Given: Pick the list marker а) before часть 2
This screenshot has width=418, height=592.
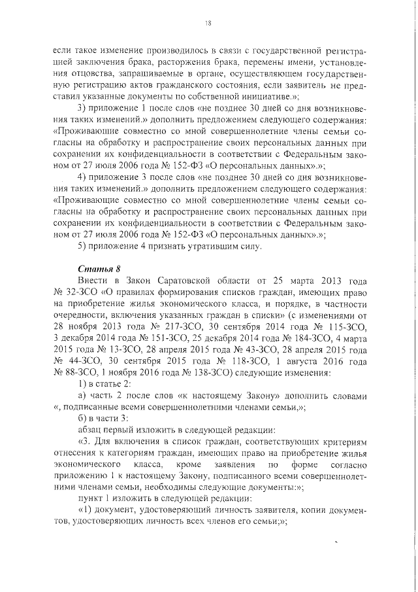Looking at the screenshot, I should [x=82, y=396].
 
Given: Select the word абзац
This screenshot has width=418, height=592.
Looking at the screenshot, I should [x=89, y=430].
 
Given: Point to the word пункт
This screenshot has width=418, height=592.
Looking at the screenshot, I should [x=91, y=500].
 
